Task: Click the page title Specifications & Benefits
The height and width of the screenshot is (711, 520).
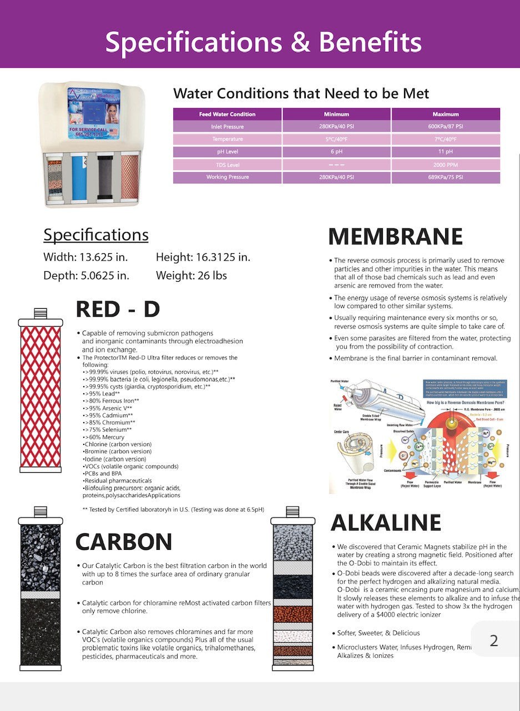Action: pos(263,42)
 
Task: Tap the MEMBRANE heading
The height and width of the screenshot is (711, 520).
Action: pos(395,237)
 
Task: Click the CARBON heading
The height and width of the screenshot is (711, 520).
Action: pos(124,542)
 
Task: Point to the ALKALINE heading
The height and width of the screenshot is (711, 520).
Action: pos(386,523)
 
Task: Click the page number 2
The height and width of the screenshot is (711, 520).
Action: pos(493,640)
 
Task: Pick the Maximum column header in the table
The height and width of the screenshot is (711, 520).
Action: pos(446,114)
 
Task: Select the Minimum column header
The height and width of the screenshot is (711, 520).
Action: pos(336,114)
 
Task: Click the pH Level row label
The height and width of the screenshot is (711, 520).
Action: pos(228,152)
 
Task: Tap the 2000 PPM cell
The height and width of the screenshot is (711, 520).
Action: pos(446,165)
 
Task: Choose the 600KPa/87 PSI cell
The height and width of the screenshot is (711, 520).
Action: pos(446,127)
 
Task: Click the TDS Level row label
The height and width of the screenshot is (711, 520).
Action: pos(228,165)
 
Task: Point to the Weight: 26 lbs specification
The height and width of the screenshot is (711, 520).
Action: pos(191,276)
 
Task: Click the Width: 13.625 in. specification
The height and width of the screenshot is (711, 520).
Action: pos(85,258)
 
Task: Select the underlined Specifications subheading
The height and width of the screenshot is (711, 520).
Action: pos(96,235)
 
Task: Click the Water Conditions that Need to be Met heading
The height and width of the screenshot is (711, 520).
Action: pos(301,93)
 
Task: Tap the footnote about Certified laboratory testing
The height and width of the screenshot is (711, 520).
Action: pos(173,509)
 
